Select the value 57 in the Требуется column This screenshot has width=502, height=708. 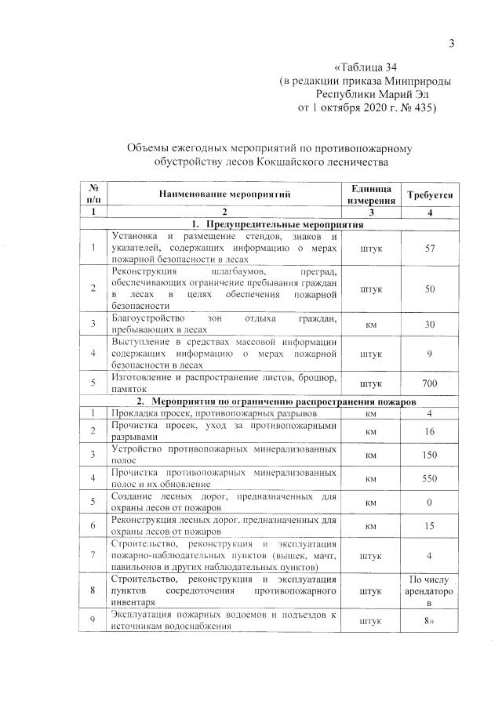[x=429, y=249]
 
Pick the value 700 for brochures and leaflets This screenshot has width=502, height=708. [x=429, y=383]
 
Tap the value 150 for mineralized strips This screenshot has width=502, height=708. [x=429, y=455]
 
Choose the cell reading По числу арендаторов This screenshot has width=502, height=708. [x=429, y=593]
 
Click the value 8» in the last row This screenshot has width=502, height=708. [x=429, y=620]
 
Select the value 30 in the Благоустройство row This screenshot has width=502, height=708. [x=429, y=324]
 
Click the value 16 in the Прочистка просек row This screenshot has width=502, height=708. [x=429, y=430]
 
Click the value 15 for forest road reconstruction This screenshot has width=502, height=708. [x=429, y=526]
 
